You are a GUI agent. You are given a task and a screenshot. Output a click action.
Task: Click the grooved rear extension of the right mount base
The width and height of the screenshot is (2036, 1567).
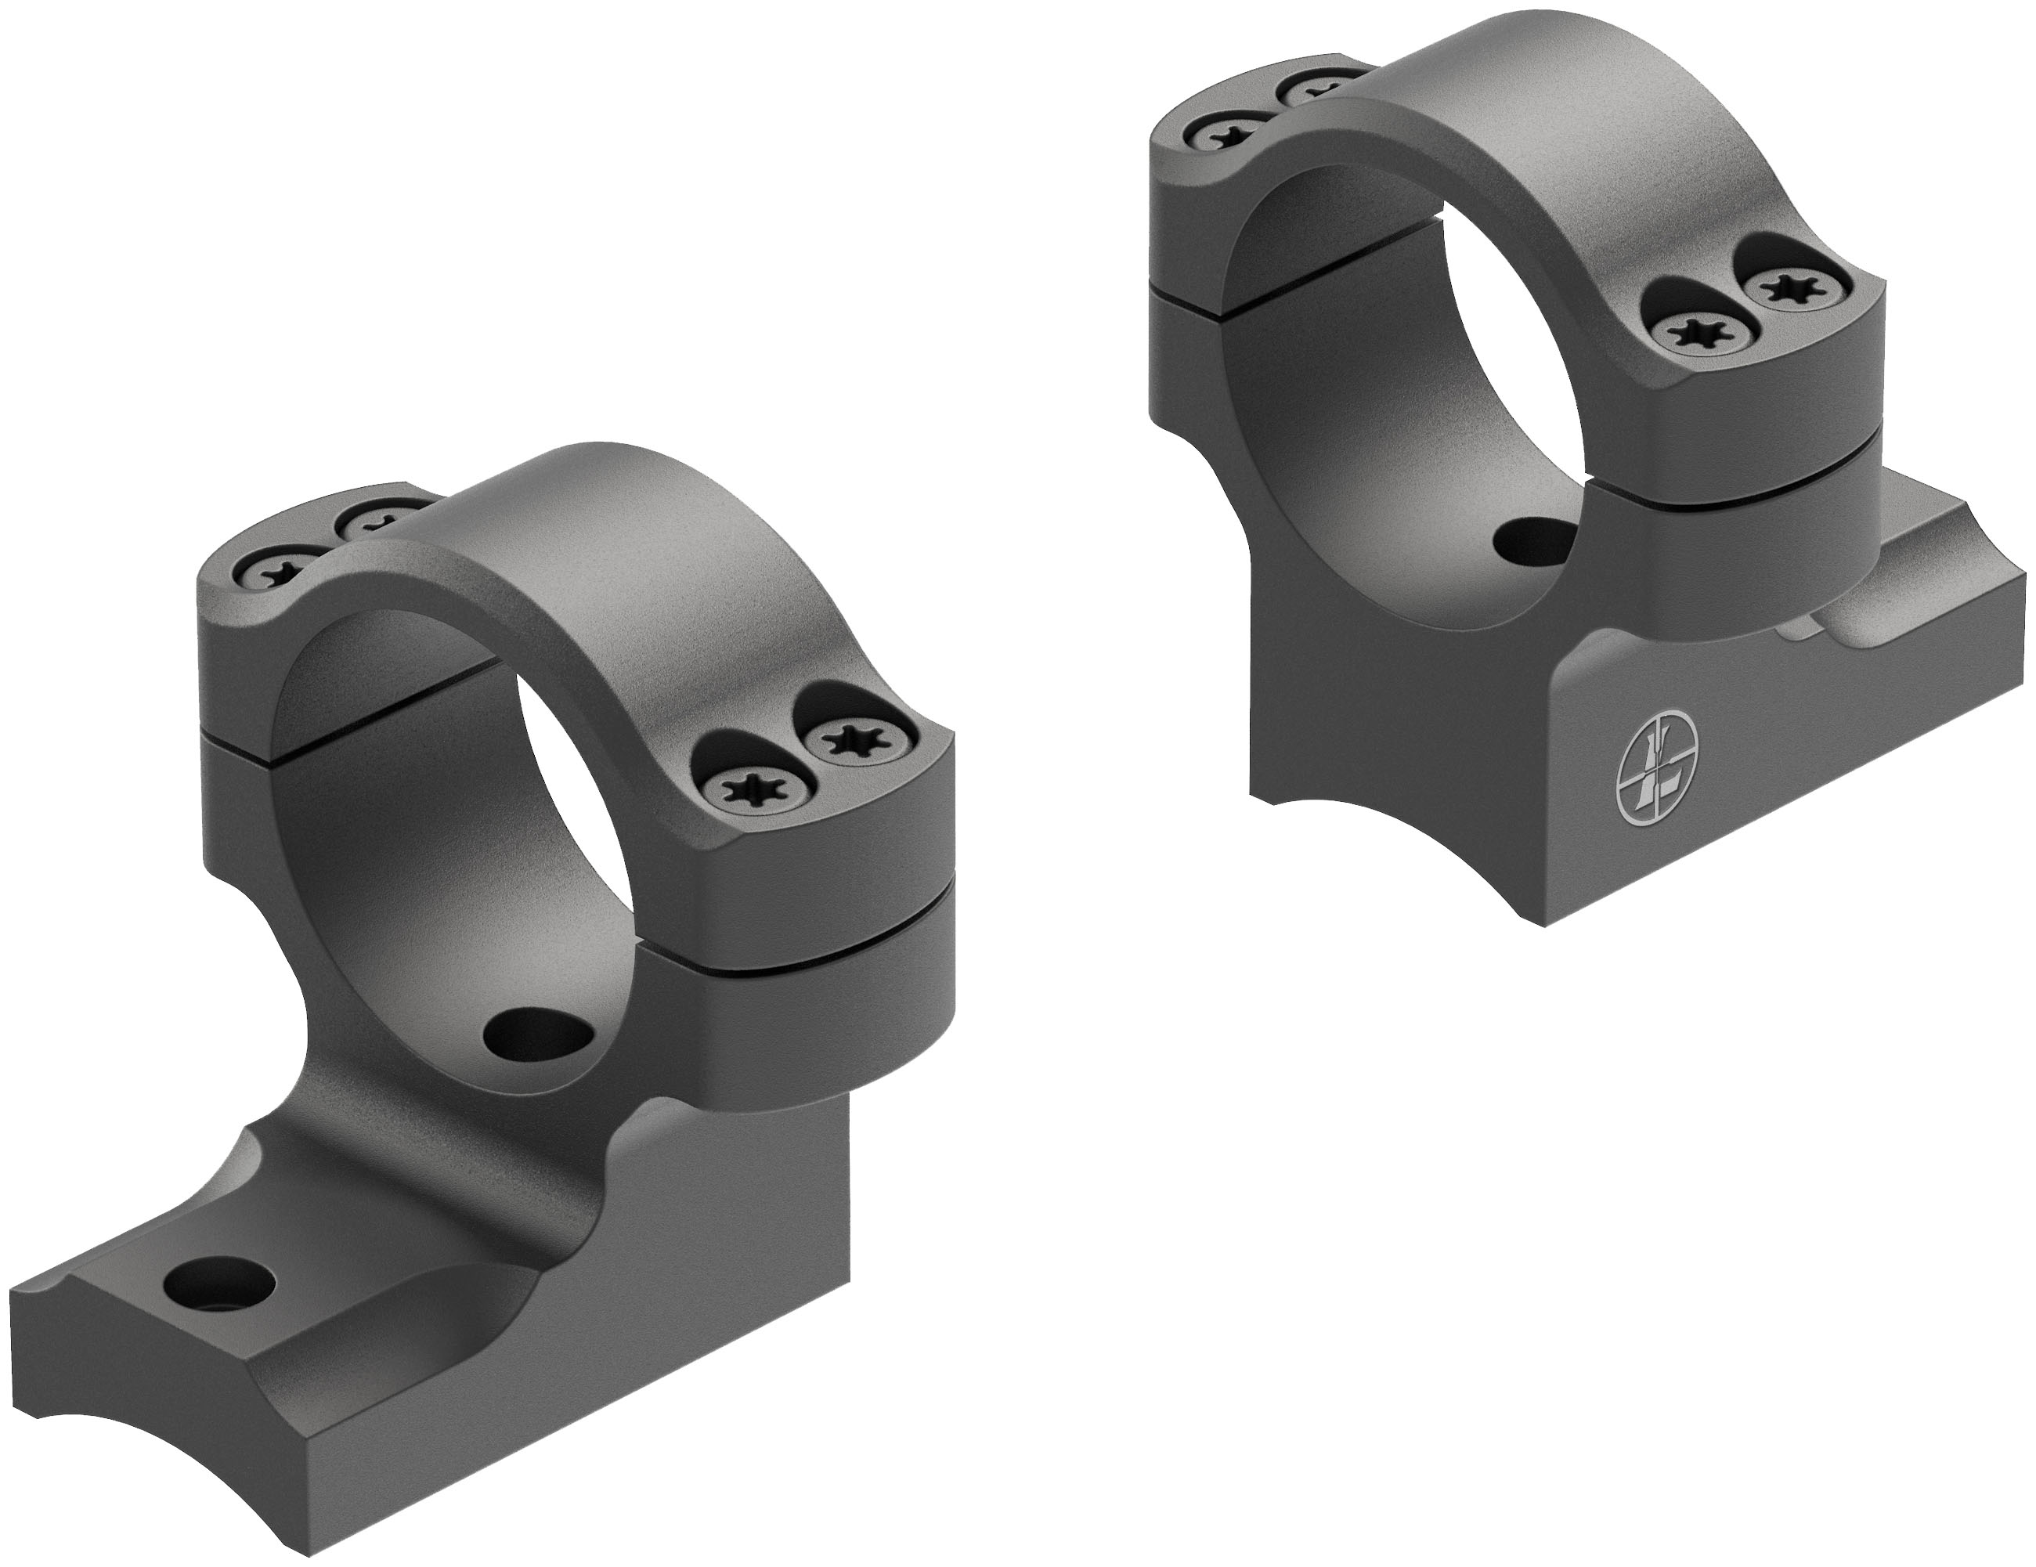coord(1939,597)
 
